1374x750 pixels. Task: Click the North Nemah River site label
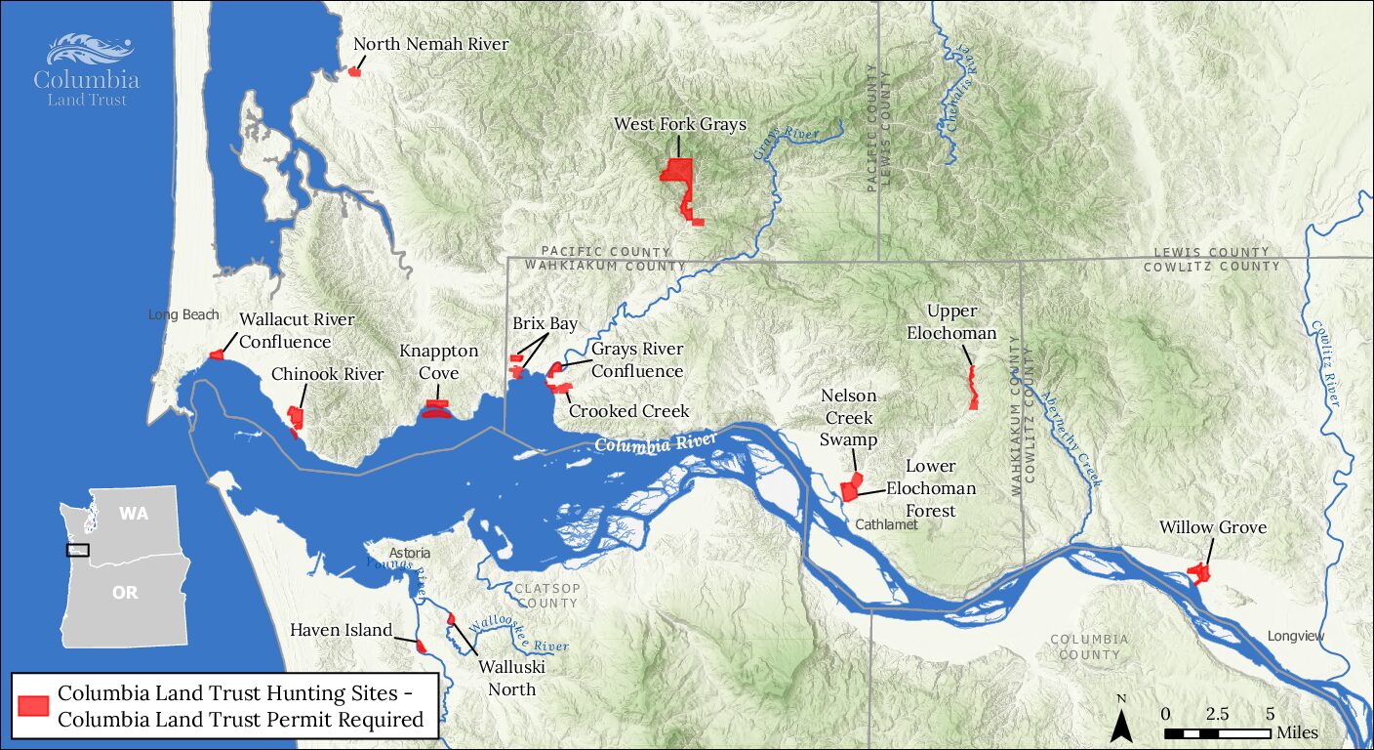[430, 44]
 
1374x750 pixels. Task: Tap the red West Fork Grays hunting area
[677, 172]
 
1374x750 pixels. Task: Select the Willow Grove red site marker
[1197, 573]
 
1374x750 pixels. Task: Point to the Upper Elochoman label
[951, 322]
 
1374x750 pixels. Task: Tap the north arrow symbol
[1122, 723]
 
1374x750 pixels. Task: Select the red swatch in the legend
[35, 706]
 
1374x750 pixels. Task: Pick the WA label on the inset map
[134, 514]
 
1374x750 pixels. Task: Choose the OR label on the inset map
[125, 593]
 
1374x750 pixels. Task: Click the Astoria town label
[410, 553]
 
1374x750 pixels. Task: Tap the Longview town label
[1296, 636]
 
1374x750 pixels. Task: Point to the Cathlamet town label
[885, 524]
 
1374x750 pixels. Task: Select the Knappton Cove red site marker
[436, 408]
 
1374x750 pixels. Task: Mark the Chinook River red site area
[296, 418]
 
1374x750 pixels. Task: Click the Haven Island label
[341, 630]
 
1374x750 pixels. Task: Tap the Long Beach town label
[183, 314]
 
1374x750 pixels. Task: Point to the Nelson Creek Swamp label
[848, 418]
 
